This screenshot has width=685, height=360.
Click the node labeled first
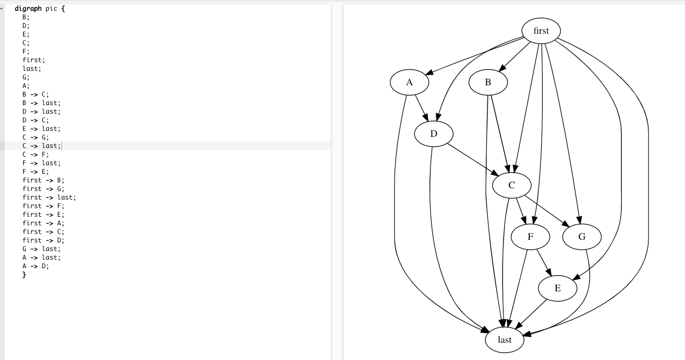click(541, 31)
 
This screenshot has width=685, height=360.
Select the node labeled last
click(505, 340)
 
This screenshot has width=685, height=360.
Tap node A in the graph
click(410, 83)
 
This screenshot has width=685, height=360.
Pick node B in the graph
click(488, 83)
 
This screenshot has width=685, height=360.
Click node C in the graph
click(512, 186)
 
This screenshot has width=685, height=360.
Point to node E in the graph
click(558, 289)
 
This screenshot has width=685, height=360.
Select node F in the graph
click(530, 237)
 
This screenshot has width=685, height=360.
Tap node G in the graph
click(582, 237)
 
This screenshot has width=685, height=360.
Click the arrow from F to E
click(544, 263)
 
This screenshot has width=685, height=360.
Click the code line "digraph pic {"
click(40, 9)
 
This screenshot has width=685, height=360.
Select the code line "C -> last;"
click(41, 146)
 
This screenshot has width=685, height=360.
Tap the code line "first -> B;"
click(43, 180)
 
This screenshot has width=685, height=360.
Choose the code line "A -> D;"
click(35, 266)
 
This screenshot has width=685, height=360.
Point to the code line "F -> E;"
click(35, 172)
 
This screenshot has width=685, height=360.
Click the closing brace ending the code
click(24, 275)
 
